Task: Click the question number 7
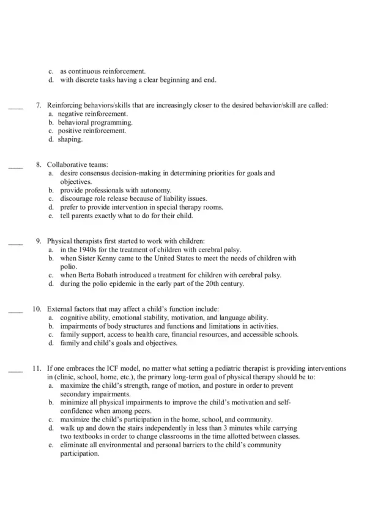[x=39, y=105]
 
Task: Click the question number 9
[x=39, y=241]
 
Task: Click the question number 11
[x=37, y=368]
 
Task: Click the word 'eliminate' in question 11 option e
[x=73, y=445]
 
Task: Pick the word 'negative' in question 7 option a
[x=70, y=114]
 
